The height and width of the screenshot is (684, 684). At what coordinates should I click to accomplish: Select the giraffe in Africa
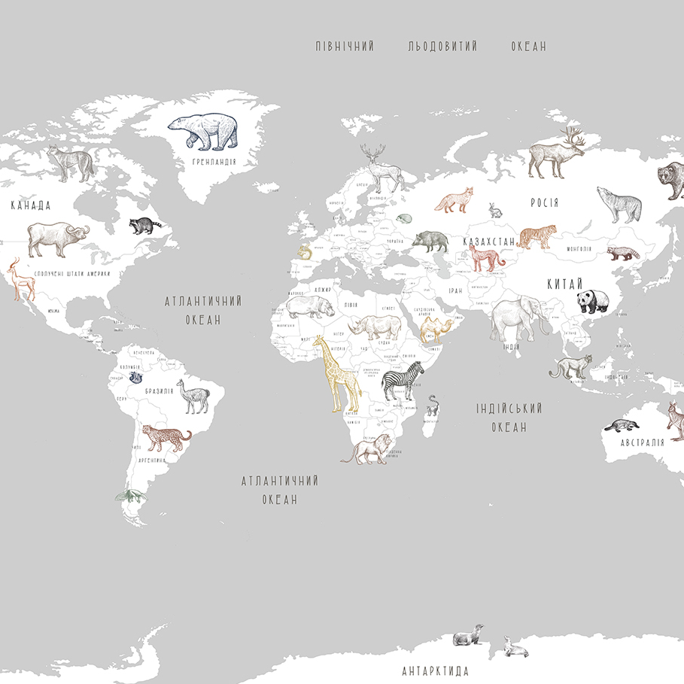tap(336, 372)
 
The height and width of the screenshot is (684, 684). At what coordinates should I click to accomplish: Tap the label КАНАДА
tap(31, 205)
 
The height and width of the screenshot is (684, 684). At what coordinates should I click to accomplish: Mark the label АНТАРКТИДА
tap(436, 670)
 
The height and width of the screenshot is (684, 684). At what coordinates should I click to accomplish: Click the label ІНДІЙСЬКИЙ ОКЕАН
tap(509, 418)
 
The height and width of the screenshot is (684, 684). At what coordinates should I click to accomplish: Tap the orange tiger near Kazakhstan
tap(537, 236)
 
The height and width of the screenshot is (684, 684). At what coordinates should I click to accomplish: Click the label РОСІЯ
tap(544, 203)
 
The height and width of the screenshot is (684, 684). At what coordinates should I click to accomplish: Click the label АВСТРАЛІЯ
tap(643, 442)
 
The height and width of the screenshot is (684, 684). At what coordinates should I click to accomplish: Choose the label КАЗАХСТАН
tap(489, 242)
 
